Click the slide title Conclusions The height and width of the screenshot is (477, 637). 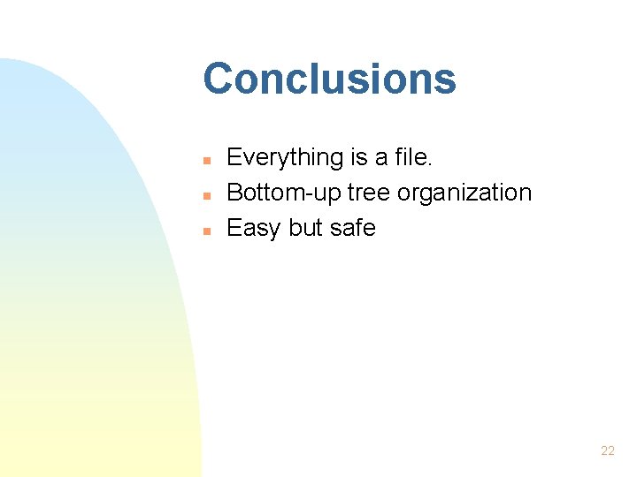click(329, 79)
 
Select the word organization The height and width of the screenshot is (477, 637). click(465, 193)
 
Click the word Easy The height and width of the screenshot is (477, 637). click(254, 229)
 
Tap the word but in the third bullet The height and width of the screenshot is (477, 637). click(305, 228)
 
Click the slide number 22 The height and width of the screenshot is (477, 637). click(607, 450)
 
